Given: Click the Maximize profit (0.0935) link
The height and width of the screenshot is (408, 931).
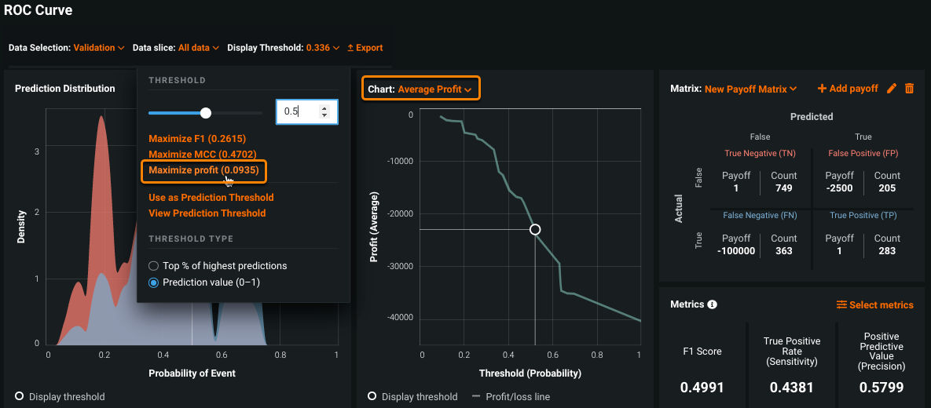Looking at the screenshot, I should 203,170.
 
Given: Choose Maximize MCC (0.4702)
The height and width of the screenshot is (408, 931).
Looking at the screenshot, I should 202,155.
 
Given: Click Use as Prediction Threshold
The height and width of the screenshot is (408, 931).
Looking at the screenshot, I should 211,198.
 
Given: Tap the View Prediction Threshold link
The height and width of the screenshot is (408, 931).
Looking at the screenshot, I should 207,213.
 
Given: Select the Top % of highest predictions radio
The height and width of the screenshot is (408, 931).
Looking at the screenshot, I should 154,266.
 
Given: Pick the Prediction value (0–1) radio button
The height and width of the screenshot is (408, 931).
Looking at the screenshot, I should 154,282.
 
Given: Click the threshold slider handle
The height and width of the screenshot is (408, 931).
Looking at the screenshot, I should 206,113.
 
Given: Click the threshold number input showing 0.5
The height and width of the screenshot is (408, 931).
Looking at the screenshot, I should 299,111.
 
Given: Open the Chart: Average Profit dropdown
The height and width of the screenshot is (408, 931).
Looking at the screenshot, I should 420,89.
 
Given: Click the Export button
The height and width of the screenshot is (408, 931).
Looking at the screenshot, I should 365,48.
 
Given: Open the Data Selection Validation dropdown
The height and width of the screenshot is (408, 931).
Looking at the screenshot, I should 98,48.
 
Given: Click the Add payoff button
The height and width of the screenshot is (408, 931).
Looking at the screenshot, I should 848,89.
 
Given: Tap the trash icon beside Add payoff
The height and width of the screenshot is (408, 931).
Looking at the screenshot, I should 909,89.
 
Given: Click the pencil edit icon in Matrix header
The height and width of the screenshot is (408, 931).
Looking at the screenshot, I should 891,89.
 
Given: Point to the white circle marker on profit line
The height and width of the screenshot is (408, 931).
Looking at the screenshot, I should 535,229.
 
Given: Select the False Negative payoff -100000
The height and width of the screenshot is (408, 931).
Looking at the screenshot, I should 736,251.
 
